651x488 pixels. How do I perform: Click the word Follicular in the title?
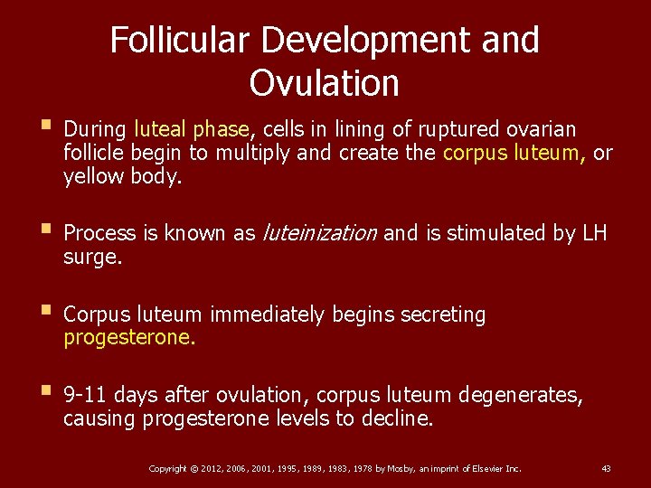[183, 40]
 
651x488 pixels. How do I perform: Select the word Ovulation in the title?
[324, 83]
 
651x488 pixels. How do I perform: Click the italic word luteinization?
[319, 233]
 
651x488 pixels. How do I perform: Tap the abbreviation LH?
[594, 233]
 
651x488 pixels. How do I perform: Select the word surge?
[93, 257]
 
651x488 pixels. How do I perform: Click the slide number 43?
[606, 468]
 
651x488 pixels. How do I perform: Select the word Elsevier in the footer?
[481, 468]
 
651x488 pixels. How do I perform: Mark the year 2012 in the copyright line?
[214, 468]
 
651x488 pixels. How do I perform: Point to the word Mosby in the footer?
[400, 468]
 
